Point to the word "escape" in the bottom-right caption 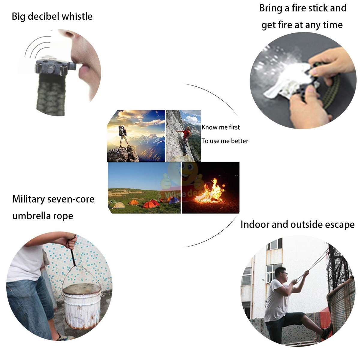pyautogui.click(x=339, y=225)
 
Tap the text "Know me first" pyautogui.click(x=220, y=127)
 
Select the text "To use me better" pyautogui.click(x=225, y=141)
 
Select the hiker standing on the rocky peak pyautogui.click(x=123, y=135)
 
